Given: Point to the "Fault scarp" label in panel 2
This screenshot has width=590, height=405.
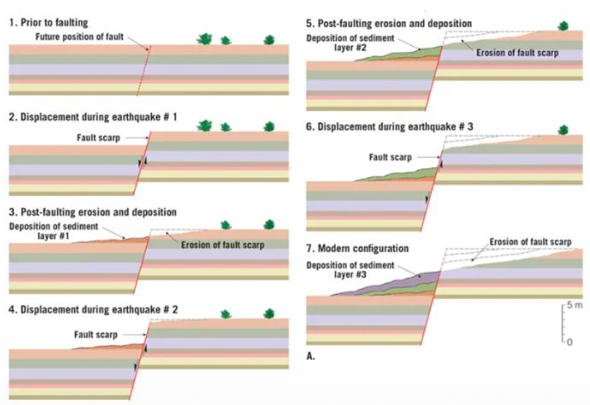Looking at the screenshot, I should pos(97,137).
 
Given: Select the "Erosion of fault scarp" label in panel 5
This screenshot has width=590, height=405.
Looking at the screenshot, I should pos(516,53).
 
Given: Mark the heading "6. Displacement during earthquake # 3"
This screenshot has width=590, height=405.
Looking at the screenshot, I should pos(389,126).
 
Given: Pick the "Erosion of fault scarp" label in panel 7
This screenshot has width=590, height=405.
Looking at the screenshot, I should pos(529,242).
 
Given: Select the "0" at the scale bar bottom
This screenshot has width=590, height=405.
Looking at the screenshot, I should pos(570,341).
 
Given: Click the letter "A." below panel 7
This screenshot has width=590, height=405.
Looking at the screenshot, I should pos(310,357).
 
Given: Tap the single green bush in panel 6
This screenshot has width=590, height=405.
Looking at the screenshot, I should pos(563,130).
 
